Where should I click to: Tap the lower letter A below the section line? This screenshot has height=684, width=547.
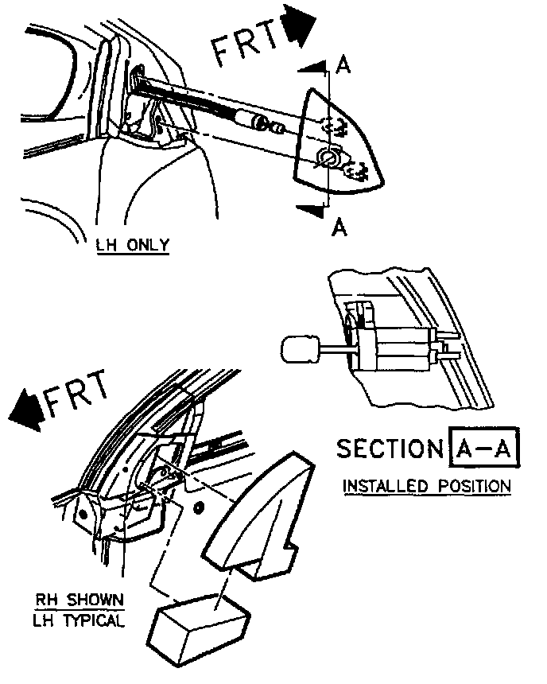[x=339, y=228]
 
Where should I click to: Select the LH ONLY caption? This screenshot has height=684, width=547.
[x=131, y=245]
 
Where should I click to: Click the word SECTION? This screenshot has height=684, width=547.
[x=389, y=449]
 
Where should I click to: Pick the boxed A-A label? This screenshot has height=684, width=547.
[x=483, y=449]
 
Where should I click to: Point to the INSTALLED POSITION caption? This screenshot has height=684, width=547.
[x=426, y=485]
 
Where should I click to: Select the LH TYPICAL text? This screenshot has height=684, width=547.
[x=80, y=620]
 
